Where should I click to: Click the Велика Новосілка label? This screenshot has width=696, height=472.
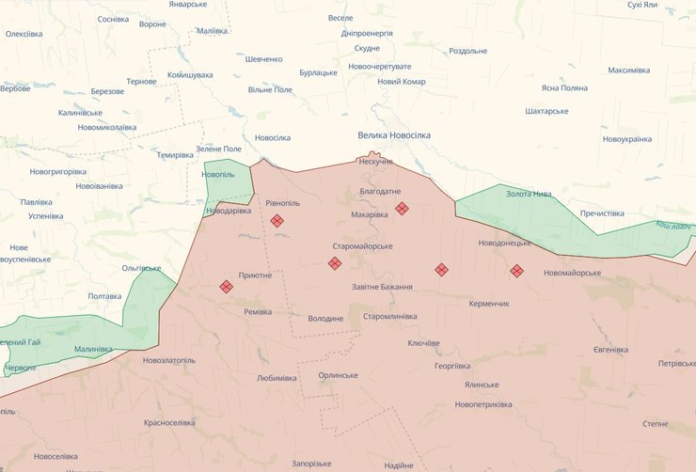[x=393, y=135]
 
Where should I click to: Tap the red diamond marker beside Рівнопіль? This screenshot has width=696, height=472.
[x=277, y=221]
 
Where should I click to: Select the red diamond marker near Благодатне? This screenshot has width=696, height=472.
[x=402, y=208]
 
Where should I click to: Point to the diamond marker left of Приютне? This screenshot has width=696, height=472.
[x=227, y=287]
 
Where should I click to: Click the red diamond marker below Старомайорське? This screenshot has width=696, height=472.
[x=335, y=263]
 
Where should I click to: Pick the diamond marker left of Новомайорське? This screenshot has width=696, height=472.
[x=516, y=271]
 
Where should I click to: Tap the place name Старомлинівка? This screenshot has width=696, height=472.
[x=389, y=316]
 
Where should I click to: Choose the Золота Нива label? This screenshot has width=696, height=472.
[x=529, y=194]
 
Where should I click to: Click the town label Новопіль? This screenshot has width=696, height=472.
[x=218, y=175]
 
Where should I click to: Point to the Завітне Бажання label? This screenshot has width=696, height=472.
[x=381, y=287]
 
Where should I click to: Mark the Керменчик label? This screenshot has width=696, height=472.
[x=489, y=304]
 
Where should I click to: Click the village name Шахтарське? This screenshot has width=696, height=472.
[x=546, y=111]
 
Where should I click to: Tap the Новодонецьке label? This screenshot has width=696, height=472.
[x=504, y=243]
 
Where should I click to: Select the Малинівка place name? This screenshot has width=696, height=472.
[x=93, y=349]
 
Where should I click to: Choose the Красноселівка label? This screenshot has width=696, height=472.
[x=169, y=422]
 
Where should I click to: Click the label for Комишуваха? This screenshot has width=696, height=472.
[x=190, y=74]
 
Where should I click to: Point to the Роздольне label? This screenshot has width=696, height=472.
[x=467, y=51]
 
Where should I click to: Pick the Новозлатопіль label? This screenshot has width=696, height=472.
[x=169, y=360]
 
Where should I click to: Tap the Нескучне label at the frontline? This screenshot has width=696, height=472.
[x=376, y=162]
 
